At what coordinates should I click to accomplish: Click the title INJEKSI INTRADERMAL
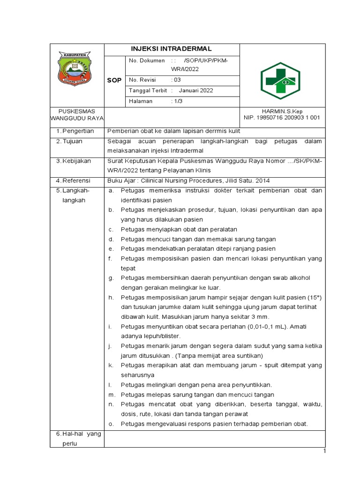click(171, 49)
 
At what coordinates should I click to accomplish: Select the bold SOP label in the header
click(114, 80)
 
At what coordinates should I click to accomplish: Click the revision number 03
click(177, 80)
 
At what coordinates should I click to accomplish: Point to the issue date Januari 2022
click(196, 90)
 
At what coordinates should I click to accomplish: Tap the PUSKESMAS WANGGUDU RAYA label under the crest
click(76, 114)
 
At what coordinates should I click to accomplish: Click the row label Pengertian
click(78, 131)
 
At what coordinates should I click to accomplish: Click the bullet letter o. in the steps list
click(111, 424)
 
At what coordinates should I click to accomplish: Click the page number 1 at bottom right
click(323, 451)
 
